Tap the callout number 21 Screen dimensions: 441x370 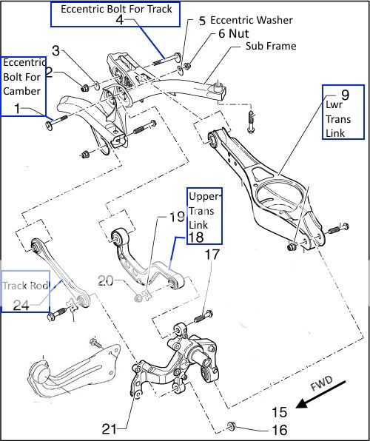[x=110, y=428]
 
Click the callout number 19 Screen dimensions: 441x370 [x=176, y=218]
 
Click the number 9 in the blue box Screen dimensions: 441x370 [x=344, y=96]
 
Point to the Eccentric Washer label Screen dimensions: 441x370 [x=252, y=20]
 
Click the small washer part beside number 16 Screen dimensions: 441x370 [x=231, y=425]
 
